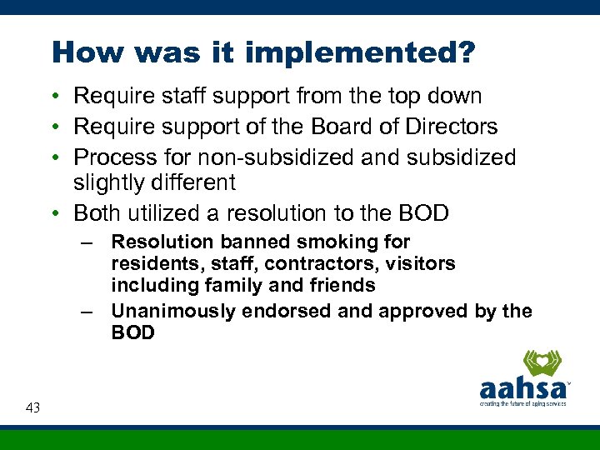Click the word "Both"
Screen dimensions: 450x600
click(x=98, y=213)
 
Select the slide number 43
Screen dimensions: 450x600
click(x=33, y=407)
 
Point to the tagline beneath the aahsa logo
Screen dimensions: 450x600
click(x=522, y=404)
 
